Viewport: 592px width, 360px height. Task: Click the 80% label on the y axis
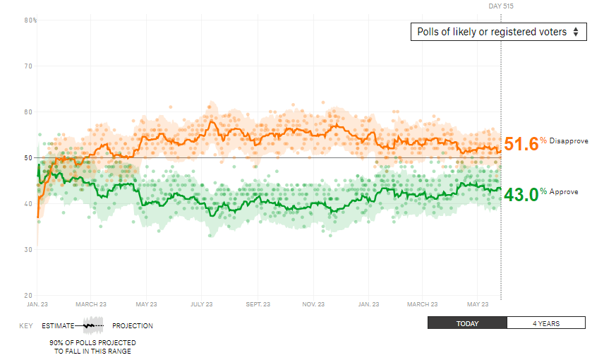(30, 20)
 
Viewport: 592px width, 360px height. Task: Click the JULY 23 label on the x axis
(201, 305)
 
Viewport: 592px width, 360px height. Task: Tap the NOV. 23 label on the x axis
(313, 305)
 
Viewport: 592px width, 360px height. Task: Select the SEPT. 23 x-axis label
(258, 305)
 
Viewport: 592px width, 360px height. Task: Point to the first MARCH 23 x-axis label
(91, 305)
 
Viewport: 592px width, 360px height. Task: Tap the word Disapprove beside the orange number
(569, 141)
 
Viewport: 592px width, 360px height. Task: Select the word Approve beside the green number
(564, 192)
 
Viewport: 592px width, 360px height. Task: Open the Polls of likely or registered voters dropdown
(497, 32)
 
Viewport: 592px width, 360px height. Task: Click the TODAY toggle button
(467, 323)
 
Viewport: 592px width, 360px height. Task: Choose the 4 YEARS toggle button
(546, 323)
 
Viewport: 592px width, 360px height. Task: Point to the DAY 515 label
(501, 6)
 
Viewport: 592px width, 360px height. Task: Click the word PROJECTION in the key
(133, 326)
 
